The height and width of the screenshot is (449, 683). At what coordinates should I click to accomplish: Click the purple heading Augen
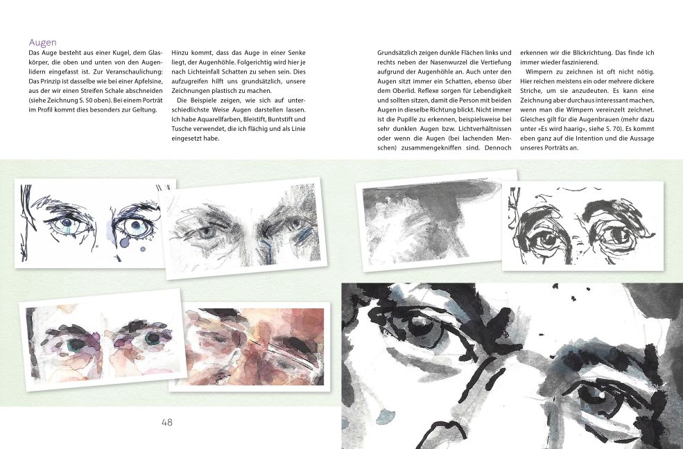[42, 42]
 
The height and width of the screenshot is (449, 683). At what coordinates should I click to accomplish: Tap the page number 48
[166, 422]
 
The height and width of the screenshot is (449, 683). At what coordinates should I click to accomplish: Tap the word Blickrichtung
[590, 53]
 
